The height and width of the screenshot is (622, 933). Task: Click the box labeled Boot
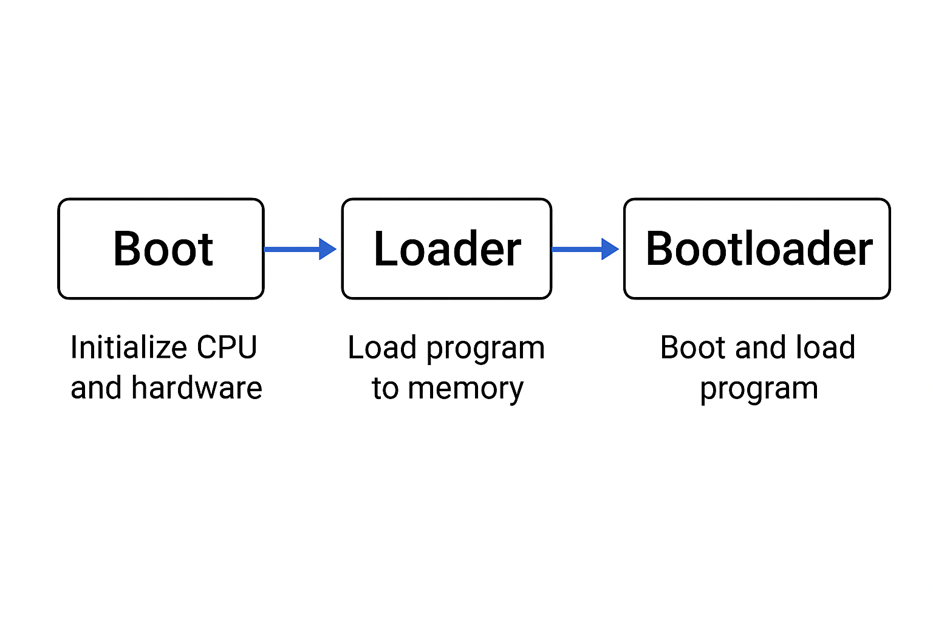tap(161, 249)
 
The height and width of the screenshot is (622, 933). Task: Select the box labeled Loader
tap(446, 249)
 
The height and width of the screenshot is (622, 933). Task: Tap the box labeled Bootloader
tap(757, 249)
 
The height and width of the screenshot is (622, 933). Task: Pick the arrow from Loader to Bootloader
tap(577, 249)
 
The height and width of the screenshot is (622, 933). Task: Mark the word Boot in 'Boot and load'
tap(693, 348)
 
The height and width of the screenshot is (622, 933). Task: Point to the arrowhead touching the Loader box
tap(327, 249)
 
